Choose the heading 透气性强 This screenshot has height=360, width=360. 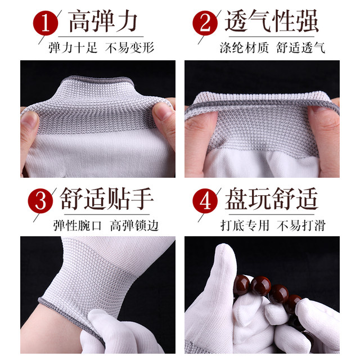[x=272, y=22]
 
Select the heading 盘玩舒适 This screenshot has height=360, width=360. [x=272, y=200]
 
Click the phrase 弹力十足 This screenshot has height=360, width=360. [x=71, y=48]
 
